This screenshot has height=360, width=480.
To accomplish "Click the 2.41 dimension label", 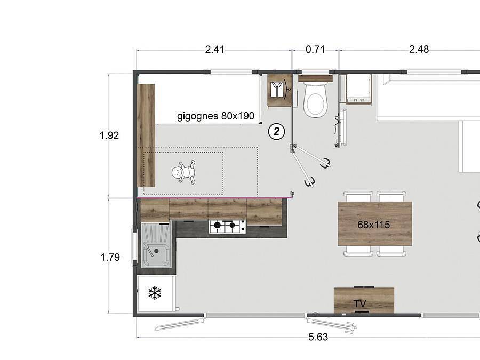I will point(215,50).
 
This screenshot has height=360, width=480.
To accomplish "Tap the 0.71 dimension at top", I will point(315,50).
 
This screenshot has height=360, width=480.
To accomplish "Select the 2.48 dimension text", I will point(419,50).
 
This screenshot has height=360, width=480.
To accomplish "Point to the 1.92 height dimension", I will point(109,135).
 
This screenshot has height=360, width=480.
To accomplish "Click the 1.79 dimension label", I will point(110,258).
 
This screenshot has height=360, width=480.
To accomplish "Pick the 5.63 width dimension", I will point(318,337).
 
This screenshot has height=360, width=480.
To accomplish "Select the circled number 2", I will point(276,131).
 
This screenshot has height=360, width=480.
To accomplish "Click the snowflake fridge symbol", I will point(155,292).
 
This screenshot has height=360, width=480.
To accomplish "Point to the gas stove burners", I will point(227,227).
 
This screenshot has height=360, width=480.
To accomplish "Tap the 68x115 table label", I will point(373,225).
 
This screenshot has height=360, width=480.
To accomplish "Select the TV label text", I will point(361,304).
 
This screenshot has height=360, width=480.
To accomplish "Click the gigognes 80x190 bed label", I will point(215,116).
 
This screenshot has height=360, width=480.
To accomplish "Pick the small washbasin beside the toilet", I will point(279,90).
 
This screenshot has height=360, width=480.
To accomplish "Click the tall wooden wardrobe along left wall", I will point(146,135).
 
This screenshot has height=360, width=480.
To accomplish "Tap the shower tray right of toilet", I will point(357,88).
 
